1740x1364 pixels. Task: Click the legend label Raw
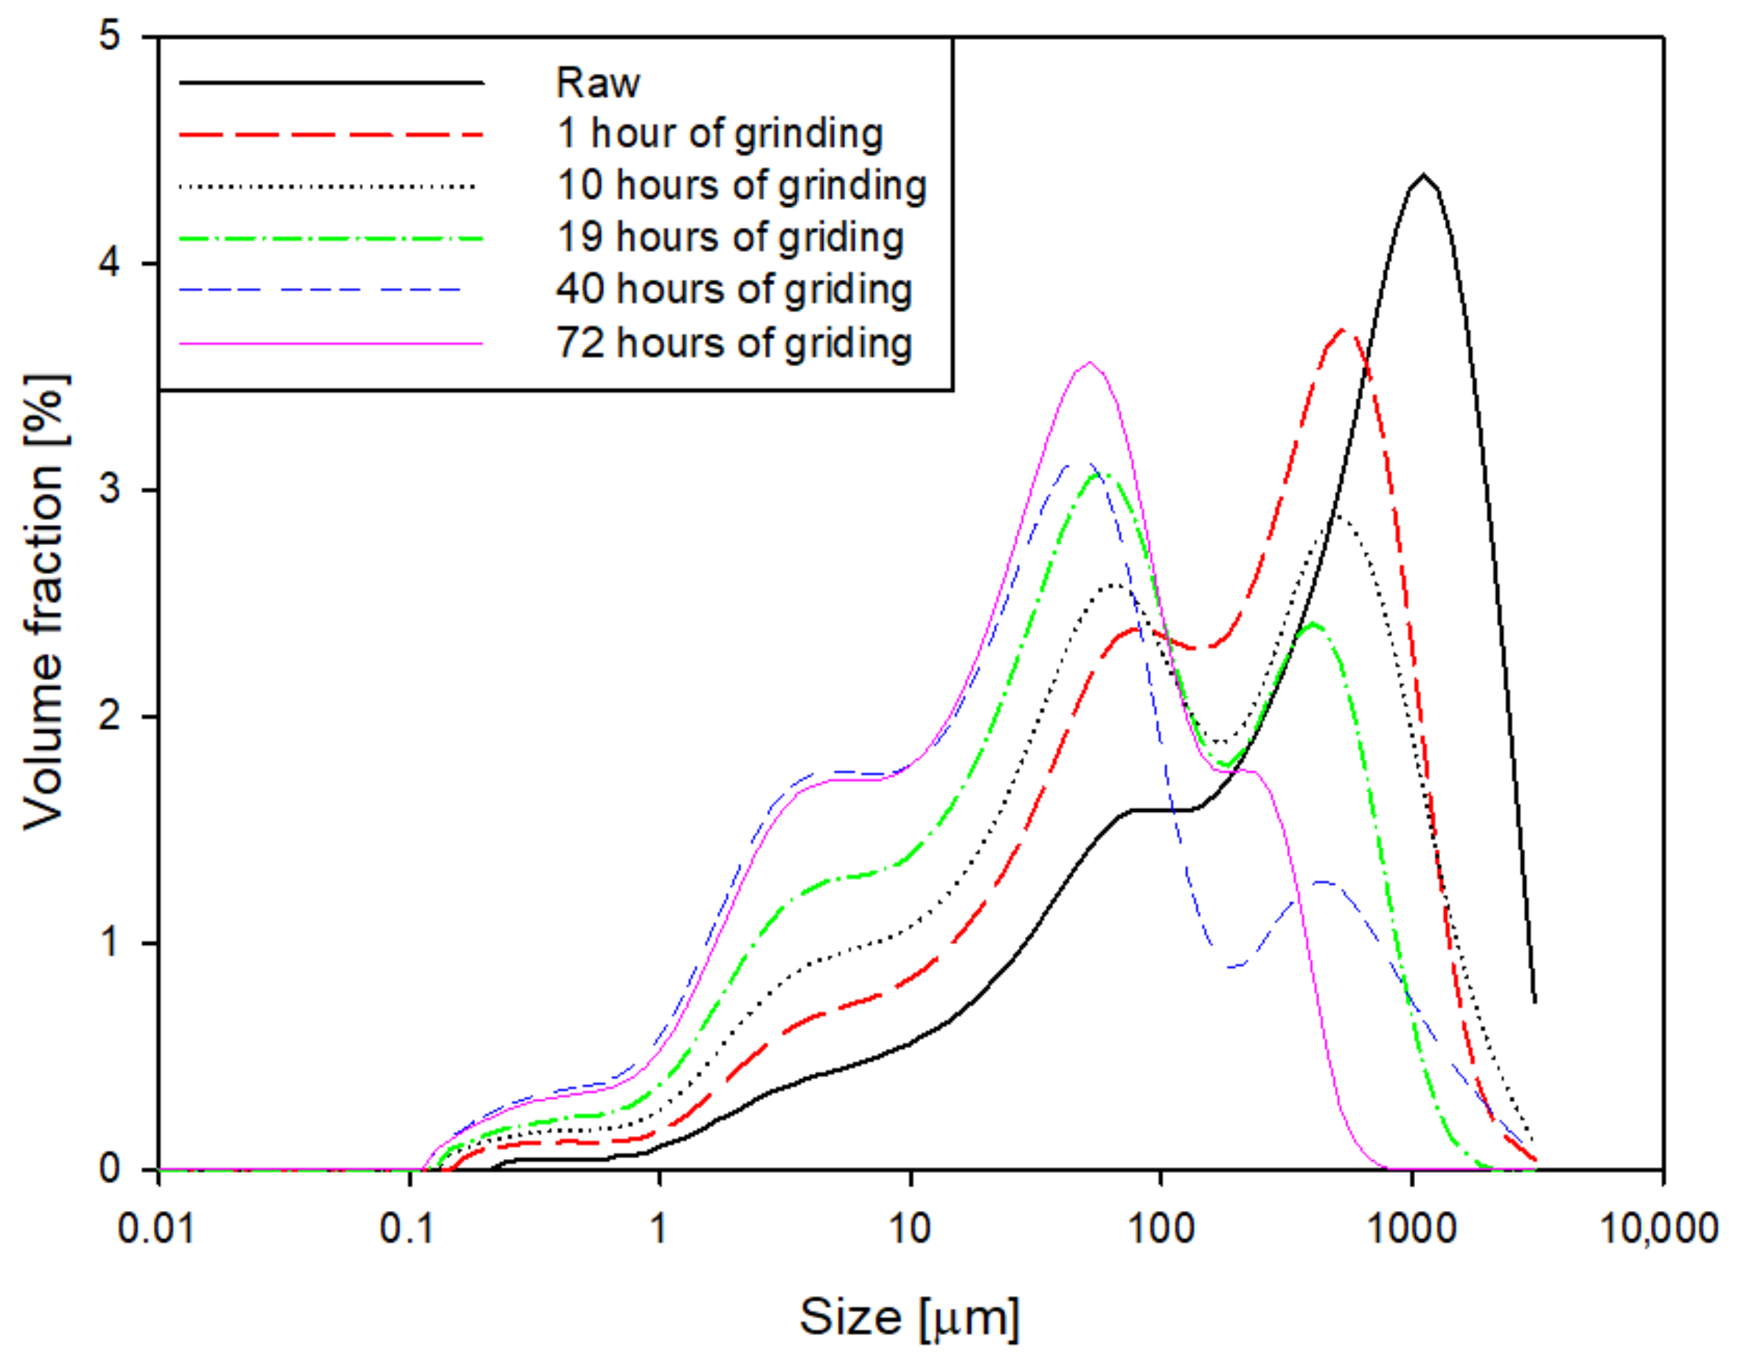(x=597, y=83)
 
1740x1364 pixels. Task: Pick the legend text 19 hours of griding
(x=730, y=238)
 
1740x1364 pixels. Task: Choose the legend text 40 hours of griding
(x=734, y=290)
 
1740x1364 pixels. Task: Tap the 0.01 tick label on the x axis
(x=157, y=1228)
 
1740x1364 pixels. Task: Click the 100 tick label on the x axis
(x=1161, y=1228)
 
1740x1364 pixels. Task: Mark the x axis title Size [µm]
(x=910, y=1318)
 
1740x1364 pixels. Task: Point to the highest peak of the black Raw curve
(x=1423, y=175)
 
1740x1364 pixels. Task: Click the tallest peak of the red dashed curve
(x=1345, y=329)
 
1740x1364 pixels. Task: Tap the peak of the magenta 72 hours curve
(x=1090, y=363)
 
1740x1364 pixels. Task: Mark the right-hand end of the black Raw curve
(x=1535, y=1001)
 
